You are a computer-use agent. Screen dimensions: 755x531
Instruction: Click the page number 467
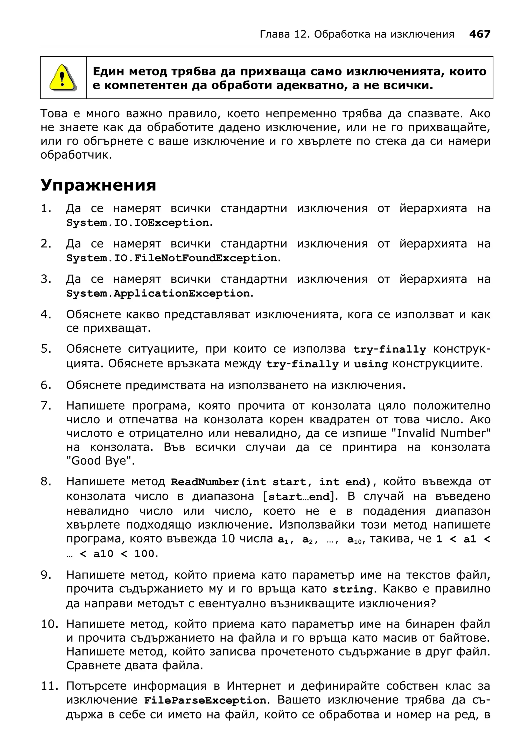[479, 34]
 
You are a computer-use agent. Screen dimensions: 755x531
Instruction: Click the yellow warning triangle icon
[63, 78]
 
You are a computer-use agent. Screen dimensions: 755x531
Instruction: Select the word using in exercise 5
[371, 364]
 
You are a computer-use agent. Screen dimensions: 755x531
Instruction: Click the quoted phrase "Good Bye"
[100, 461]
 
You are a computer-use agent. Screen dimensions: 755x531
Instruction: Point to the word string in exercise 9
[353, 589]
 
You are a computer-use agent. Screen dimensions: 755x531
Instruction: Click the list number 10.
[49, 624]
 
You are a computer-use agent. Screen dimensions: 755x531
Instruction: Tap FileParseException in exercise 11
[206, 700]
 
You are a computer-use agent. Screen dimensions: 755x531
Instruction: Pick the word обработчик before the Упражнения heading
[76, 155]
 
